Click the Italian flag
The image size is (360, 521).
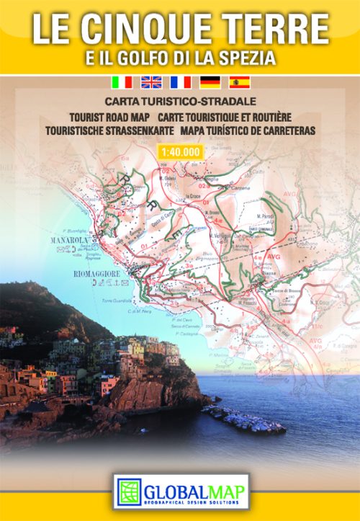coord(122,82)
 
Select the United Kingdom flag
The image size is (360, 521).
coord(151,82)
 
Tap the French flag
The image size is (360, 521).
coord(181,82)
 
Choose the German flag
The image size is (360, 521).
coord(210,82)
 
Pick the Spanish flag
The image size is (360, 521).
coord(239,82)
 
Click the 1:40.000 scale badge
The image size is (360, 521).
coord(179,151)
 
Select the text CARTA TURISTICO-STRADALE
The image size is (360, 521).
coord(180,103)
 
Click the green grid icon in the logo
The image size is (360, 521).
coord(130,491)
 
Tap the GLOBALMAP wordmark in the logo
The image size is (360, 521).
coord(194,486)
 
